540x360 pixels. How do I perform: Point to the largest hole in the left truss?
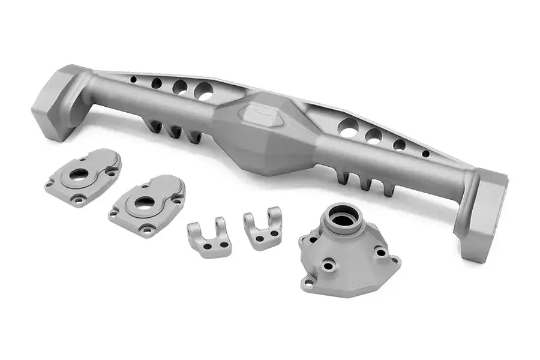(203, 92)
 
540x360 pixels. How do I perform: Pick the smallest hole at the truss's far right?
(425, 154)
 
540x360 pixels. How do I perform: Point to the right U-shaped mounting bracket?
(262, 227)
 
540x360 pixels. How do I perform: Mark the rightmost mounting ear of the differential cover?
(394, 260)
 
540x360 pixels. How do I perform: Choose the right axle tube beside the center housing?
(384, 162)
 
